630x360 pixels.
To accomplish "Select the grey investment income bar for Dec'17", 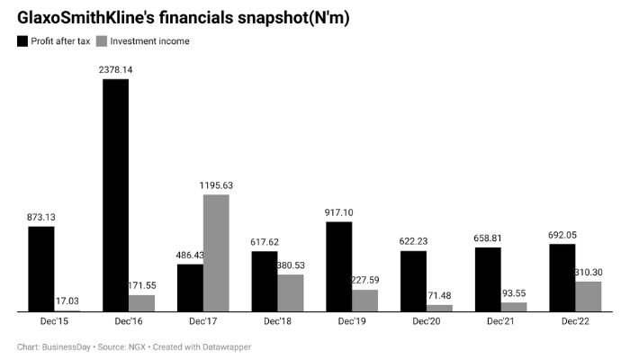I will tap(216, 253).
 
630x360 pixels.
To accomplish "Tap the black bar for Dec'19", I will tap(338, 266).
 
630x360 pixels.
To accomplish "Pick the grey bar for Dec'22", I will tap(588, 296).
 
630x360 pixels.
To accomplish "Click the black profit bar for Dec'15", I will tap(40, 268).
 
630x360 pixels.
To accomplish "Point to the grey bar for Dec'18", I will tap(290, 292).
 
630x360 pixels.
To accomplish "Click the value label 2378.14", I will tap(115, 68).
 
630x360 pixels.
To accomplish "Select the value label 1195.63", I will tap(216, 184).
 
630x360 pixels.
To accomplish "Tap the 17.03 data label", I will tap(67, 301).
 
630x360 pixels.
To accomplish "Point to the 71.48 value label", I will tap(439, 295).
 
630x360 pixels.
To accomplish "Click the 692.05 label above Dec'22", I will tap(562, 234).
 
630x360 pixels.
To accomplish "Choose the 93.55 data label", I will tap(514, 292).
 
